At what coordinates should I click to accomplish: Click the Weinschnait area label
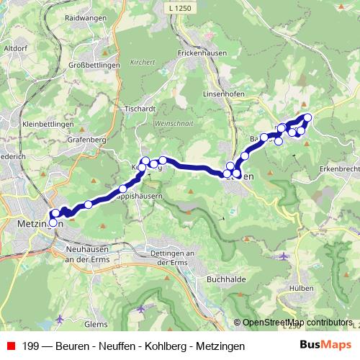pos(169,125)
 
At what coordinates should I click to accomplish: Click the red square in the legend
pos(11,346)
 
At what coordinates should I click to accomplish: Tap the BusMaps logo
pos(328,346)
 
